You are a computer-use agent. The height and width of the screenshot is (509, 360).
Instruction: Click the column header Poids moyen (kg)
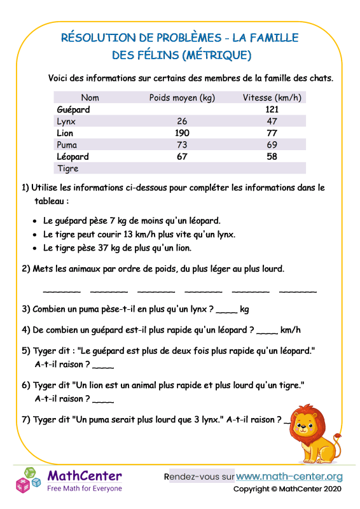point(182,98)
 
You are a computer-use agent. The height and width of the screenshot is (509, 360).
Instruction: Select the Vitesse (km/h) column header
point(272,98)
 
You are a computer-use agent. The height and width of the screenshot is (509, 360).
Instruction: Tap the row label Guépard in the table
point(73,109)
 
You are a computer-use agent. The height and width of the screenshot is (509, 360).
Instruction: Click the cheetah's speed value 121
point(272,109)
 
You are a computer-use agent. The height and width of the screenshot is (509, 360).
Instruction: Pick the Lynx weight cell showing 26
point(182,122)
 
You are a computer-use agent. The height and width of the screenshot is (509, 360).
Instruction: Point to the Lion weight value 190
point(182,133)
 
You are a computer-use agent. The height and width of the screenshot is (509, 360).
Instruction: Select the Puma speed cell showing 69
point(272,145)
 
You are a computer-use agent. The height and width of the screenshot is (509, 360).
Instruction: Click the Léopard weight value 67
point(182,157)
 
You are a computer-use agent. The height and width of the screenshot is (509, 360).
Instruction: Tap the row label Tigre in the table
point(68,169)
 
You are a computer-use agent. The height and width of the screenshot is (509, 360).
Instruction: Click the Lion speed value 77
point(272,133)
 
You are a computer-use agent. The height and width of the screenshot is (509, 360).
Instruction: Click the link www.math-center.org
point(289,477)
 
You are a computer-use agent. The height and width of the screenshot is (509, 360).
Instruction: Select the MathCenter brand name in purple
point(85,476)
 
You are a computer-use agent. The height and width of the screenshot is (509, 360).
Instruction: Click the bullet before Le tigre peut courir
point(34,235)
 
